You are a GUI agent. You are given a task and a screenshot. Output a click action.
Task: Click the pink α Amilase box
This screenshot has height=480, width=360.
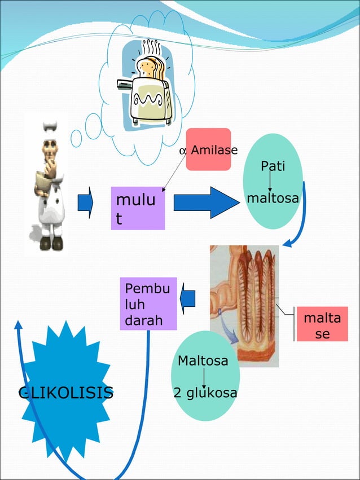point(209,149)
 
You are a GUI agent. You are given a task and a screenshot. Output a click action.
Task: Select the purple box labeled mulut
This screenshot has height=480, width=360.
point(138,208)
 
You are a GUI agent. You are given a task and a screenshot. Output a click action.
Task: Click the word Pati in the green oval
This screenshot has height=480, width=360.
point(273,166)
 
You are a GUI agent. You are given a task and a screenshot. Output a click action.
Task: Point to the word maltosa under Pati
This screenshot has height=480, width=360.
point(273,199)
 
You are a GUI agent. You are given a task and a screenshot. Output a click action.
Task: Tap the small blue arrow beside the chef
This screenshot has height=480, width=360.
point(85,203)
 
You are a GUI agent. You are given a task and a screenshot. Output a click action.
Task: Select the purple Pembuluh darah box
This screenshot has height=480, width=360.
point(148,303)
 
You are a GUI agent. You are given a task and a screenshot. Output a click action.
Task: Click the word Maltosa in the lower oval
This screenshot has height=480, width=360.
point(203,360)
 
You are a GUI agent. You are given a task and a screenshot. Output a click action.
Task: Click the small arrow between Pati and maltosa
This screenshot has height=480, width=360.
point(270,183)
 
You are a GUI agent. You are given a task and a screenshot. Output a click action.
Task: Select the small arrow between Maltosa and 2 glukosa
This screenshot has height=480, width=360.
point(203,377)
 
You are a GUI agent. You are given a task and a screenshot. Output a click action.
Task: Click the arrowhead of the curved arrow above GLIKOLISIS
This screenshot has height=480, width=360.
point(18,325)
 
